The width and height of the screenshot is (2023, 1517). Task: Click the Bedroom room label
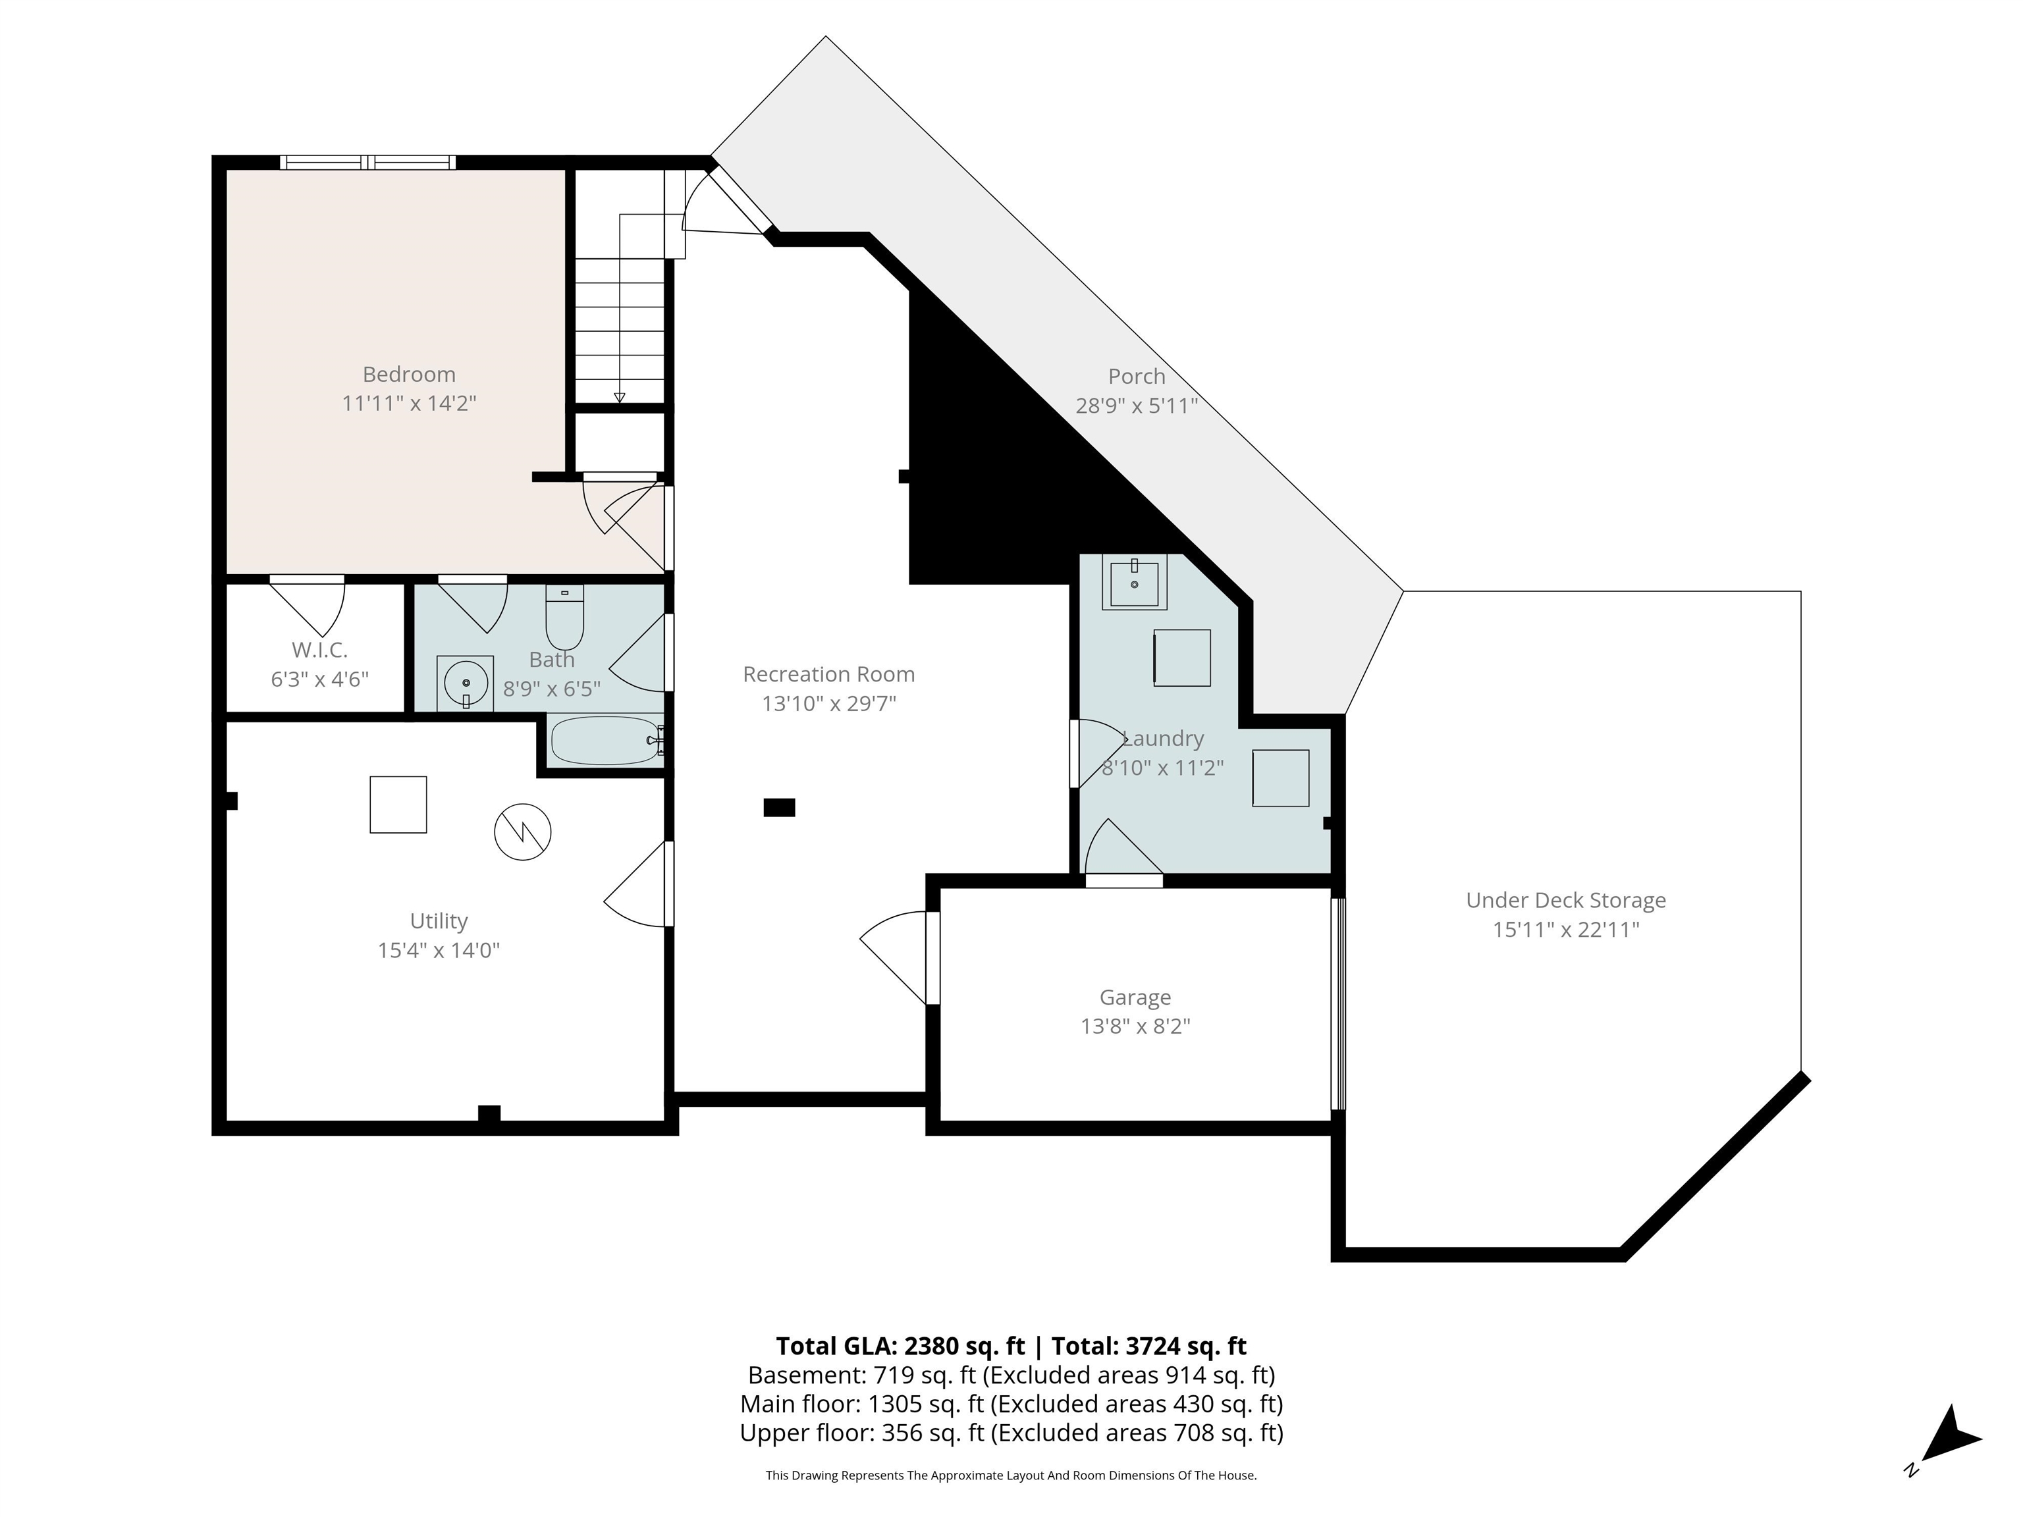point(409,374)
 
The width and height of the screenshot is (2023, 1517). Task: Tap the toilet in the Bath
point(564,616)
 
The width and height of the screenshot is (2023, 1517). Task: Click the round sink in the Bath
point(465,682)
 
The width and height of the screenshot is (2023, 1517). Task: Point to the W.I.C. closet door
point(308,604)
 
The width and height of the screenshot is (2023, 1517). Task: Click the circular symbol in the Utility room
point(523,831)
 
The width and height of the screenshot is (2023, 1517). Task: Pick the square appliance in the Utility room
point(398,805)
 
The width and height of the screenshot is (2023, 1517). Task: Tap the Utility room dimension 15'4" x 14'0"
point(439,950)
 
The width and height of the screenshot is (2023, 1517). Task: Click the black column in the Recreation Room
point(779,807)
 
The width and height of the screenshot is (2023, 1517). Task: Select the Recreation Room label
point(828,674)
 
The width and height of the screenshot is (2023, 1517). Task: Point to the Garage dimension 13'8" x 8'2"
point(1135,1026)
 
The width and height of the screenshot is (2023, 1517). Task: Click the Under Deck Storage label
point(1566,901)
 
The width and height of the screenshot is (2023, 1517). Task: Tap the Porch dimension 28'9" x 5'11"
point(1137,405)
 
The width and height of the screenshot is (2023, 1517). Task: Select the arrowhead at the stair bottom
point(619,397)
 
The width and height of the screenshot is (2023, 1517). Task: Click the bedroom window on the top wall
point(367,163)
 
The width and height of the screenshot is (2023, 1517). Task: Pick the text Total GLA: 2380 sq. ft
point(902,1346)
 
